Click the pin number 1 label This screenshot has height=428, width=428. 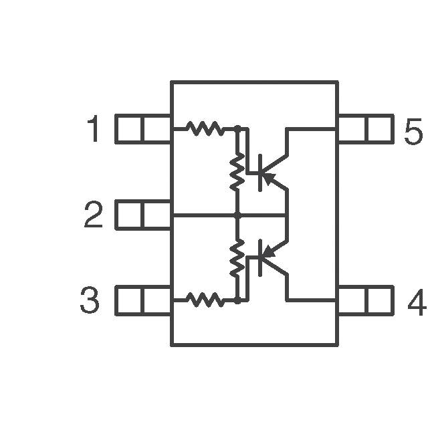coord(94,128)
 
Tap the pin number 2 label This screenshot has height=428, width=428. coord(94,214)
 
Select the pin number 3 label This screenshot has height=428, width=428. coord(90,300)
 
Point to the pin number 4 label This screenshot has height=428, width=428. coord(417,302)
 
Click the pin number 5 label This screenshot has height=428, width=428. coord(413,132)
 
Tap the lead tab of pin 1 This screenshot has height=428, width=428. coord(143,129)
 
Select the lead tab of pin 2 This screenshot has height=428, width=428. coord(143,215)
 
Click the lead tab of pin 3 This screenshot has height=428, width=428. coord(143,300)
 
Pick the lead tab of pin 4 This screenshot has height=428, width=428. coord(366,300)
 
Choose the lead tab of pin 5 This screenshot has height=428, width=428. coord(366,129)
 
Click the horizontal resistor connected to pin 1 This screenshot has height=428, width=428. coord(205,128)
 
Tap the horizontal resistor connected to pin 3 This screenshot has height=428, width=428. coord(205,300)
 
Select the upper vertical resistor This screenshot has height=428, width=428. coord(237,171)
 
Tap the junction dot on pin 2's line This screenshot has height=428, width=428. coord(237,215)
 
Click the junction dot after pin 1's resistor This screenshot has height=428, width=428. coord(237,128)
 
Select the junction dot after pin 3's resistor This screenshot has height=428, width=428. coord(237,301)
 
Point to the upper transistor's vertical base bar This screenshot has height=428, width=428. coord(260,173)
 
